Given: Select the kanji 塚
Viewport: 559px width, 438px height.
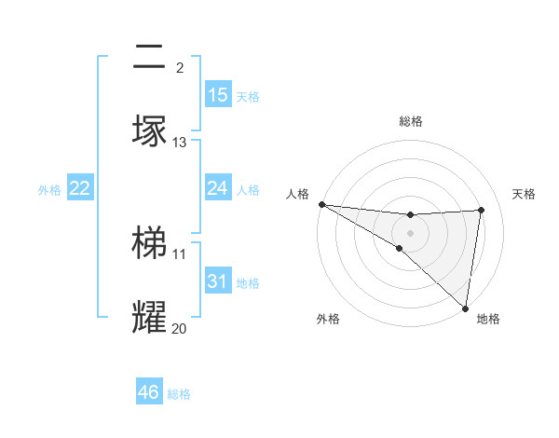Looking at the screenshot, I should click(149, 130).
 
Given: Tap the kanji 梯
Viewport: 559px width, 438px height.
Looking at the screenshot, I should click(149, 242).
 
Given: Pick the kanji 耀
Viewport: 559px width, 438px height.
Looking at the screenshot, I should click(149, 317).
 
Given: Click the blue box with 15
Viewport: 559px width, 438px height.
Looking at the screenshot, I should click(218, 95).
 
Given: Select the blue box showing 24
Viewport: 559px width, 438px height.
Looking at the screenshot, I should click(218, 188).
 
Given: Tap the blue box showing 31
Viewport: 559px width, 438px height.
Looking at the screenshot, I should click(218, 281).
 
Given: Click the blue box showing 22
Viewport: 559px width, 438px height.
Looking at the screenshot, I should click(80, 188).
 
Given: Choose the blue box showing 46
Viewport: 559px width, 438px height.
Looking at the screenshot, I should click(149, 392).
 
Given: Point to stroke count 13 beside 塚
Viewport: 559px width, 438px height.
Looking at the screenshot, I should click(180, 143).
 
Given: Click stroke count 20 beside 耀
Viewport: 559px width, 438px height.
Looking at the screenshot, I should click(180, 328).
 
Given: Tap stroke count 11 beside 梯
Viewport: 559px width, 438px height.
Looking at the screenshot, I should click(180, 253).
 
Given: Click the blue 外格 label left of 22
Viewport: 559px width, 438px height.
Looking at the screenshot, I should click(49, 190).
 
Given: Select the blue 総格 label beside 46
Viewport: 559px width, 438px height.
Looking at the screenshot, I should click(179, 394).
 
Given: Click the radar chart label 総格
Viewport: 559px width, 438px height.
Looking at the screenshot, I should click(411, 121).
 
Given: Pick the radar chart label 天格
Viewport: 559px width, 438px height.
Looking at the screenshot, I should click(524, 194).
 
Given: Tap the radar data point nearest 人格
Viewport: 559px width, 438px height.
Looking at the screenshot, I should click(320, 204).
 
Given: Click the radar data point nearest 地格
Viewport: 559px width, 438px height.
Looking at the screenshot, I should click(465, 308).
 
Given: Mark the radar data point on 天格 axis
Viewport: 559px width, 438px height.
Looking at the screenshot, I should click(482, 210).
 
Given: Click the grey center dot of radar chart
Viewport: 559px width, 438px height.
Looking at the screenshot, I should click(410, 232).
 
